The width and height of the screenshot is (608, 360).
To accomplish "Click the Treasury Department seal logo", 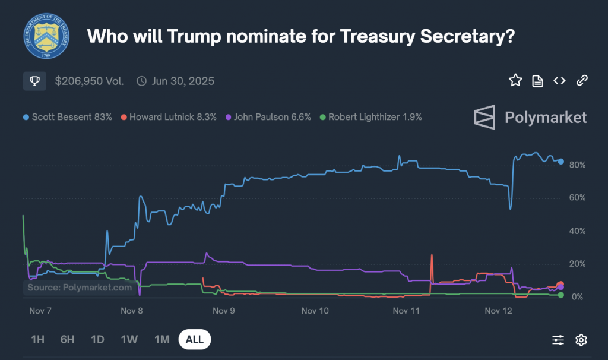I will coord(46,37).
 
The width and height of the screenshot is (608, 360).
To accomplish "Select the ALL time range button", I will coord(195,340).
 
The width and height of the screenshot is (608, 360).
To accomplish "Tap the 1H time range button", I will coord(37,340).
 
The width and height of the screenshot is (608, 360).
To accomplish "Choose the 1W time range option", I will coord(129,340).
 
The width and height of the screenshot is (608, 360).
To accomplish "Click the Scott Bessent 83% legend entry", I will coord(68,117).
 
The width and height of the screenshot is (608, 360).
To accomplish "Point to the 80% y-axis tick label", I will coord(578,165).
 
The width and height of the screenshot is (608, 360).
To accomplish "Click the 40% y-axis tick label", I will coord(578,231).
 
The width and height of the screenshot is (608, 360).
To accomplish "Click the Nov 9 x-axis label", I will coord(224,311).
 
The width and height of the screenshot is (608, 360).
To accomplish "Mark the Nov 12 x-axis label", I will coord(498,311).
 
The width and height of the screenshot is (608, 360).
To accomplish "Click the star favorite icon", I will coord(515,81).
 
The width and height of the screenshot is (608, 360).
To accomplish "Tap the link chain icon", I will coord(582,81).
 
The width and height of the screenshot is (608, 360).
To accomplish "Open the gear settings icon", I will coord(581,340).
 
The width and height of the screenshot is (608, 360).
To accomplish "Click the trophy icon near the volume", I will coord(34,81).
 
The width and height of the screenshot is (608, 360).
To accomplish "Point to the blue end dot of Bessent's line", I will coord(561,161).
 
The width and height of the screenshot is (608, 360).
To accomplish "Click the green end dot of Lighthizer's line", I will coord(561,295).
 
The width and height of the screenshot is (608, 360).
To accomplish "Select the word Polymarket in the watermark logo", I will coord(546,118).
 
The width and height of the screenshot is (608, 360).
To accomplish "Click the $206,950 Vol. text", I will coord(89,81).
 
